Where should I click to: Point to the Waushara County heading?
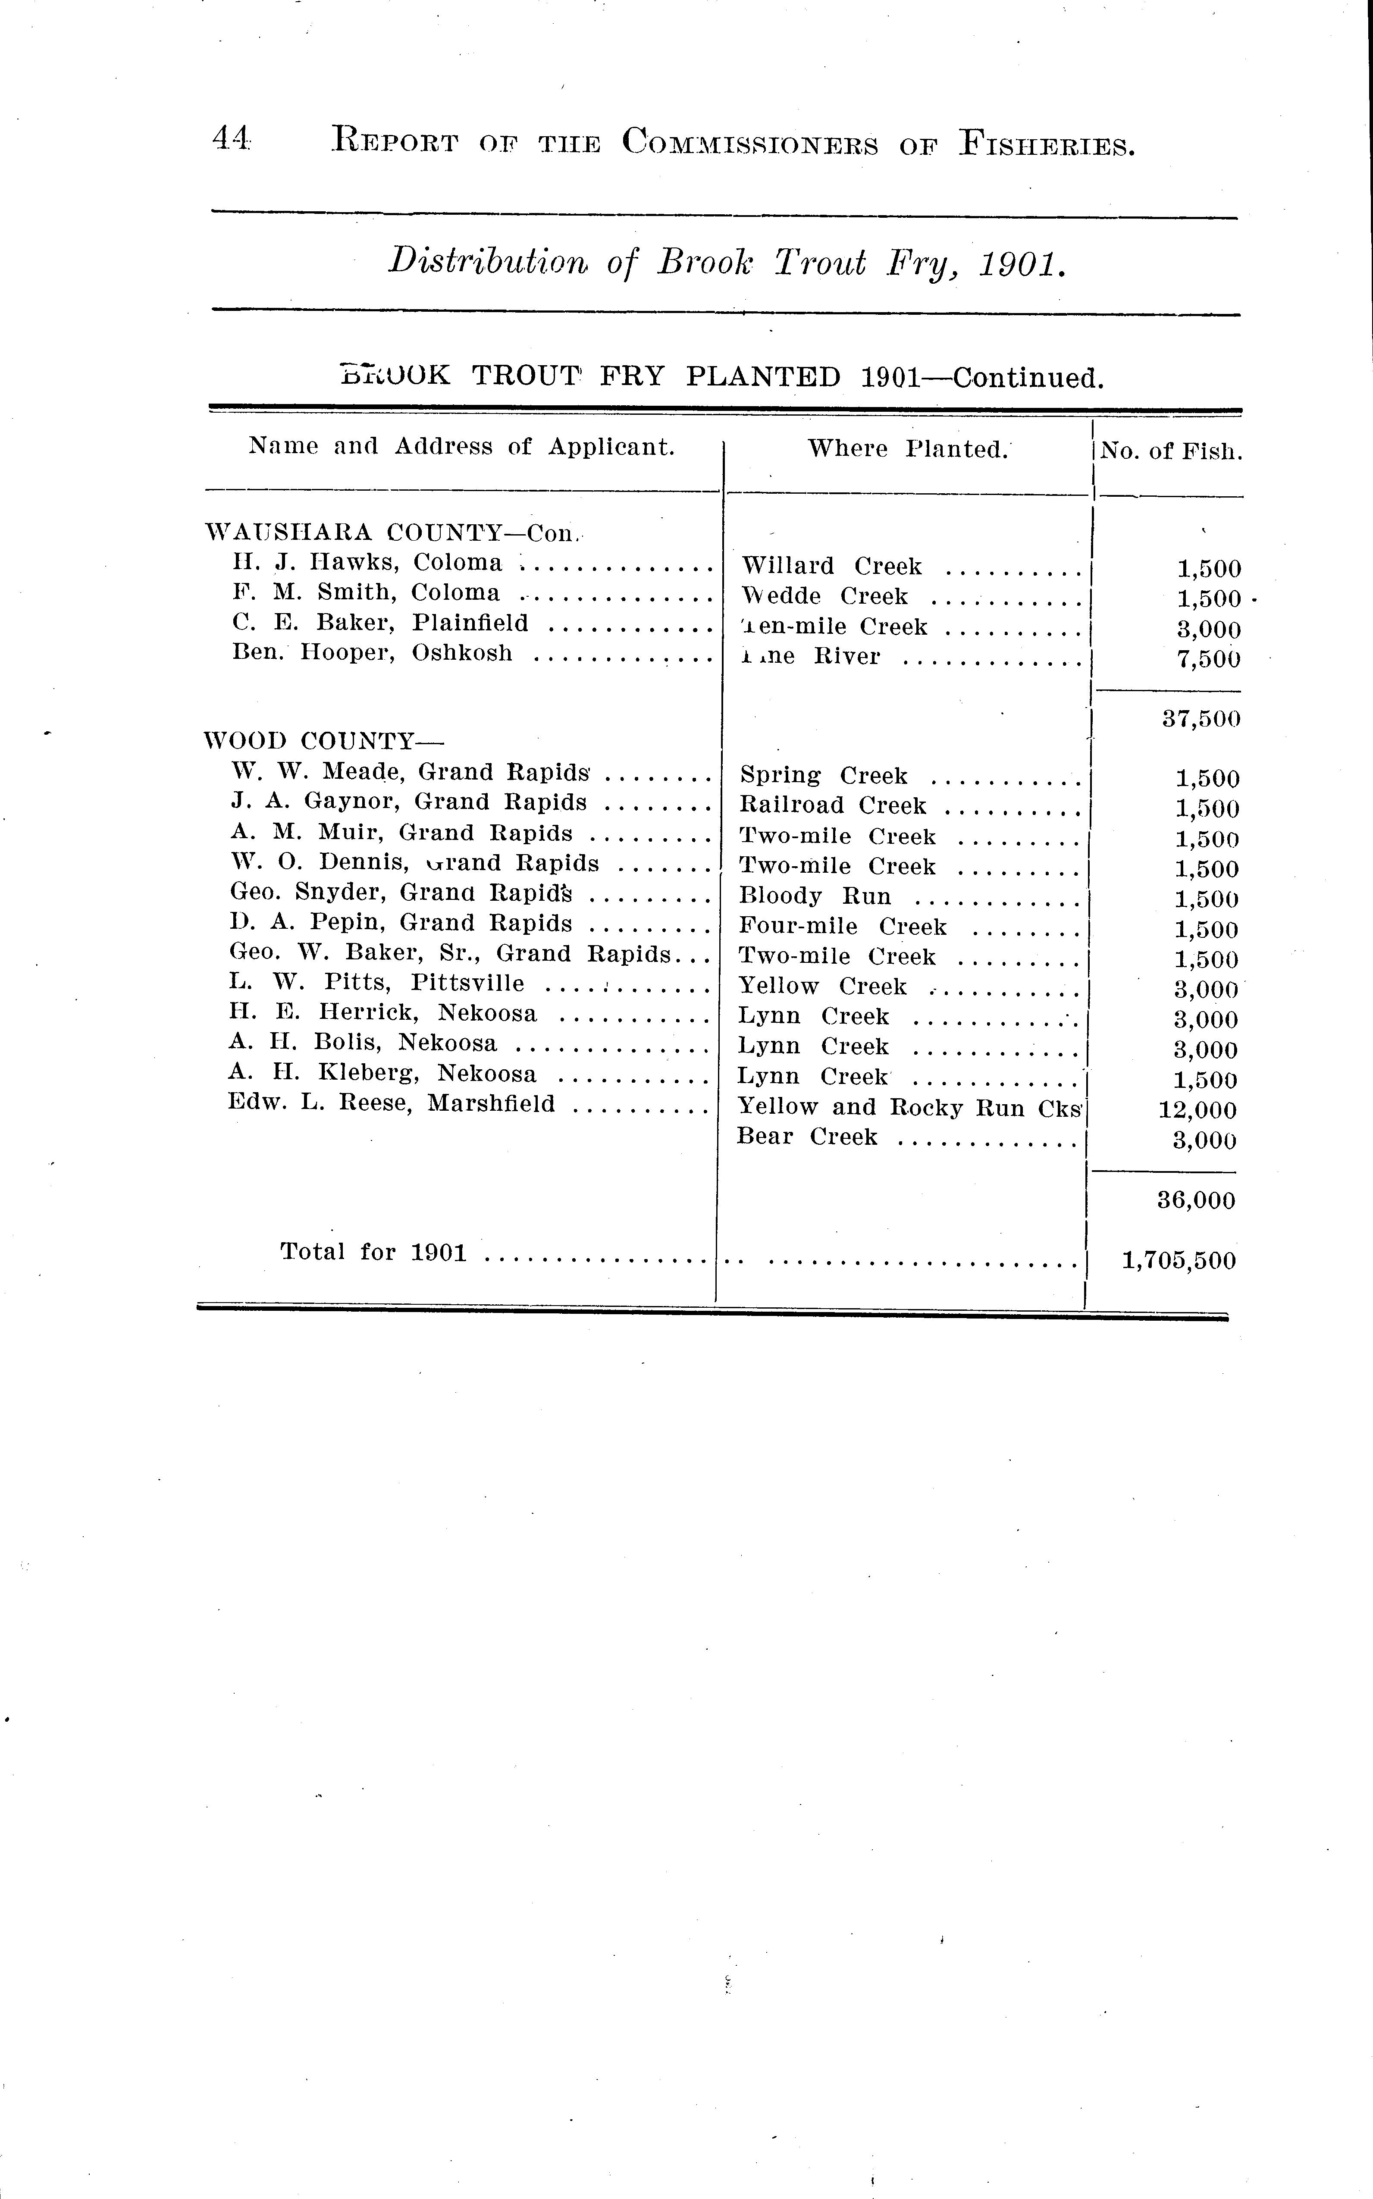(392, 532)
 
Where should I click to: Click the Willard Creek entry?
(831, 567)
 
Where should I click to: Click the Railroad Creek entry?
(833, 805)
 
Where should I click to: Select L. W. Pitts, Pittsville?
(377, 983)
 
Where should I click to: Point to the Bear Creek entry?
(807, 1137)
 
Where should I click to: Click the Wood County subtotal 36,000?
(1196, 1200)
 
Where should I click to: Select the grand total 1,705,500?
(1179, 1260)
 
